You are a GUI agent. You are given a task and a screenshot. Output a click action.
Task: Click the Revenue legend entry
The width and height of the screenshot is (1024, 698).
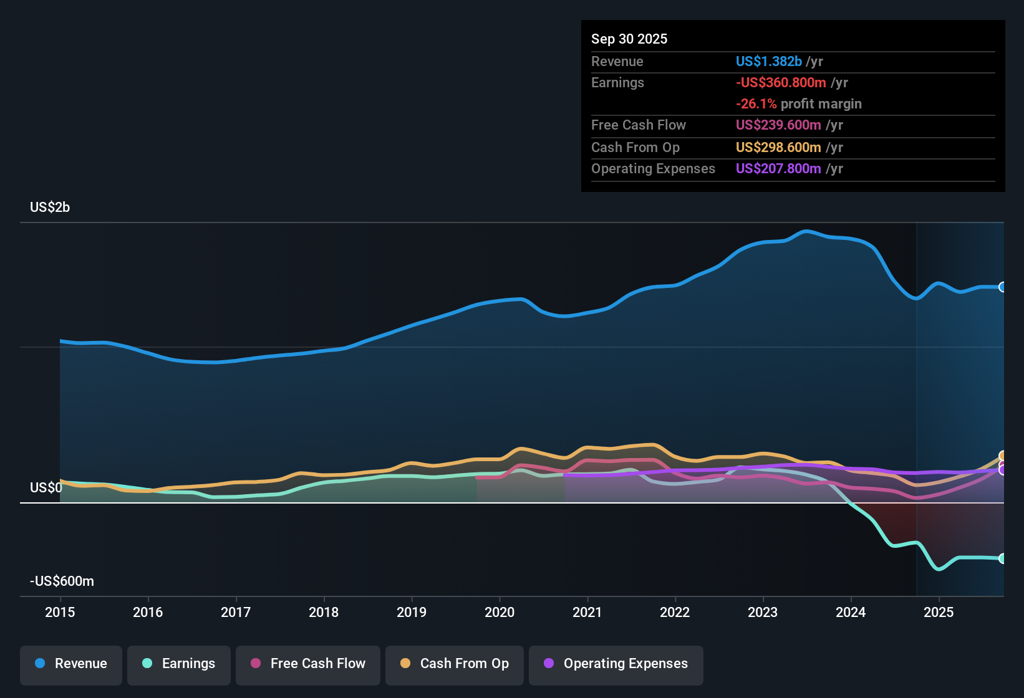(x=71, y=664)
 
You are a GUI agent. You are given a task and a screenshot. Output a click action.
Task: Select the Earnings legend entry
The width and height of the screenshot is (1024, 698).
(x=179, y=664)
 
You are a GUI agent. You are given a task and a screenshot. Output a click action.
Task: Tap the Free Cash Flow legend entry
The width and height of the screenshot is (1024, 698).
(x=308, y=664)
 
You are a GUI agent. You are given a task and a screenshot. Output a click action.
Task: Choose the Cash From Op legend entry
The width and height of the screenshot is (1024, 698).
(x=455, y=664)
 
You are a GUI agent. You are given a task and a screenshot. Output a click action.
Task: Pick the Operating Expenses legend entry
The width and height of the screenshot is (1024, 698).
(x=616, y=664)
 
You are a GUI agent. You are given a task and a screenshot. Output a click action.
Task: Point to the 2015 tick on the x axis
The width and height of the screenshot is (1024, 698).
(x=60, y=612)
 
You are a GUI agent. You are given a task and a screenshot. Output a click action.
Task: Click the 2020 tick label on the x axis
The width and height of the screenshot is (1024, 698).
(x=500, y=612)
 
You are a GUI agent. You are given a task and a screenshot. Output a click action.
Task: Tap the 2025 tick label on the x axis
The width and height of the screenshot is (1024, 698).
(x=939, y=612)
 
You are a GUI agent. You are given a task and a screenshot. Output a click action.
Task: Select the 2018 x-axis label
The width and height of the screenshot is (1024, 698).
(x=324, y=612)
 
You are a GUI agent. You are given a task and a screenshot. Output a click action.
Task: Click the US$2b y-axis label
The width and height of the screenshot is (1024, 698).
(x=50, y=208)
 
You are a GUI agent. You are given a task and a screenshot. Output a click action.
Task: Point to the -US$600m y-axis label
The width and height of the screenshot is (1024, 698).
(x=62, y=581)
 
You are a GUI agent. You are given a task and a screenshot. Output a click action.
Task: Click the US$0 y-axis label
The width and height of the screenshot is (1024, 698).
(x=46, y=487)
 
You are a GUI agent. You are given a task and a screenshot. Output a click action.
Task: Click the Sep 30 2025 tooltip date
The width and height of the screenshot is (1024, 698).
(x=629, y=39)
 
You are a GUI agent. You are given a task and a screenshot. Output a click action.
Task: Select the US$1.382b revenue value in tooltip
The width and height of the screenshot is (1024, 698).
(x=768, y=61)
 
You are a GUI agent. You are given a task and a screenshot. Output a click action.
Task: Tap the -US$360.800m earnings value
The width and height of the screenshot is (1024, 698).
(x=781, y=82)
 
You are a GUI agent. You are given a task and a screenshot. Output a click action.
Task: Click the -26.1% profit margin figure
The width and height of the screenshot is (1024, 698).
(x=756, y=103)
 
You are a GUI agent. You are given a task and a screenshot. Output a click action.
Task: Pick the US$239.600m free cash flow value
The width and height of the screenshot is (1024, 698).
(x=778, y=125)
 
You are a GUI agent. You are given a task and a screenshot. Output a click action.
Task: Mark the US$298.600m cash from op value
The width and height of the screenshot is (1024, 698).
(x=778, y=147)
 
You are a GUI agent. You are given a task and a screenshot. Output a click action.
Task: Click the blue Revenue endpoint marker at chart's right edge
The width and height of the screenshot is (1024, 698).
(x=1003, y=287)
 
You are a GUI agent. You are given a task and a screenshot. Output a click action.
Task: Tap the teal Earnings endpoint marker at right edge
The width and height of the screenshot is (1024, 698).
(x=1003, y=558)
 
